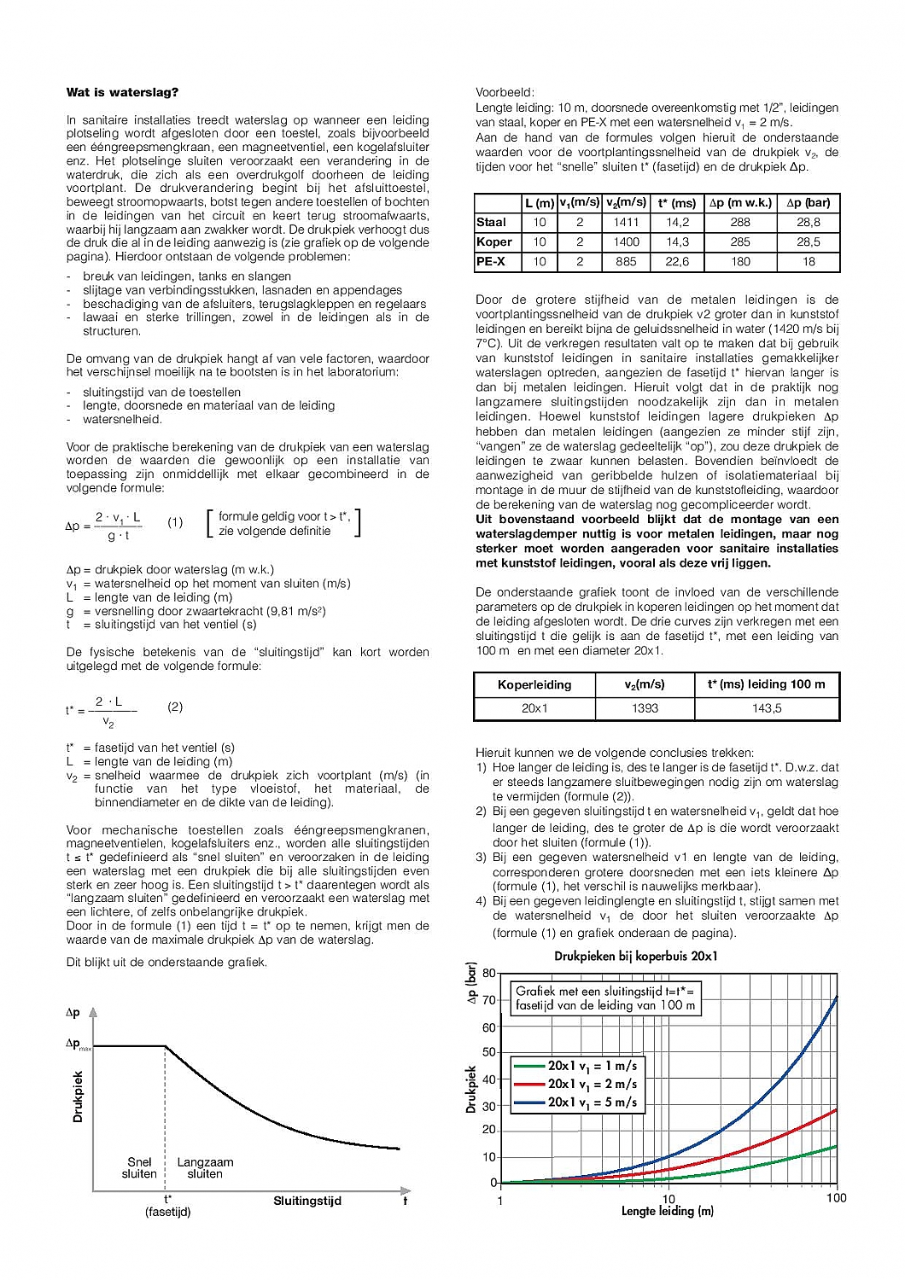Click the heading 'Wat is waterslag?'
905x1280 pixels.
pyautogui.click(x=122, y=92)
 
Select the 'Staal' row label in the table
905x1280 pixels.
pyautogui.click(x=491, y=222)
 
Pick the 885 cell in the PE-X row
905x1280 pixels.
pyautogui.click(x=626, y=262)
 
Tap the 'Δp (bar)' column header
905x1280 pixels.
pyautogui.click(x=808, y=203)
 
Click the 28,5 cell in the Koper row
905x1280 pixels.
pyautogui.click(x=808, y=241)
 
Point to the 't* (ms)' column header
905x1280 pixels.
pyautogui.click(x=677, y=203)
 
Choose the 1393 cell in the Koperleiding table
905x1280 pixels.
pyautogui.click(x=645, y=708)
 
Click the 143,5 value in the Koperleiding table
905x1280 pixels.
pyautogui.click(x=767, y=708)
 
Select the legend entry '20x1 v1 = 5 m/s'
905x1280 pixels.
pyautogui.click(x=592, y=1103)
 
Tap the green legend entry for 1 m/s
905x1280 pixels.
pyautogui.click(x=592, y=1066)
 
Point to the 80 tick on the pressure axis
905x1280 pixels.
pyautogui.click(x=489, y=973)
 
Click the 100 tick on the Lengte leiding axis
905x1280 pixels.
pyautogui.click(x=836, y=1198)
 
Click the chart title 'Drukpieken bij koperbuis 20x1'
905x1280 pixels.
pyautogui.click(x=636, y=956)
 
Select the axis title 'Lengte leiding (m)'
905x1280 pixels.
pyautogui.click(x=667, y=1211)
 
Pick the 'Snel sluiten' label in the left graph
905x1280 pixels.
pyautogui.click(x=139, y=1168)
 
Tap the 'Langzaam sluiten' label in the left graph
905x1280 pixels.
pyautogui.click(x=205, y=1168)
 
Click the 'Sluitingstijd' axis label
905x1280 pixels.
pyautogui.click(x=307, y=1201)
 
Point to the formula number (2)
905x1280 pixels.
pyautogui.click(x=175, y=707)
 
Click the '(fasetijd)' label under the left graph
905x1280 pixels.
pyautogui.click(x=167, y=1212)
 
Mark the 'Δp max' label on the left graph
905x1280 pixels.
pyautogui.click(x=78, y=1044)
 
